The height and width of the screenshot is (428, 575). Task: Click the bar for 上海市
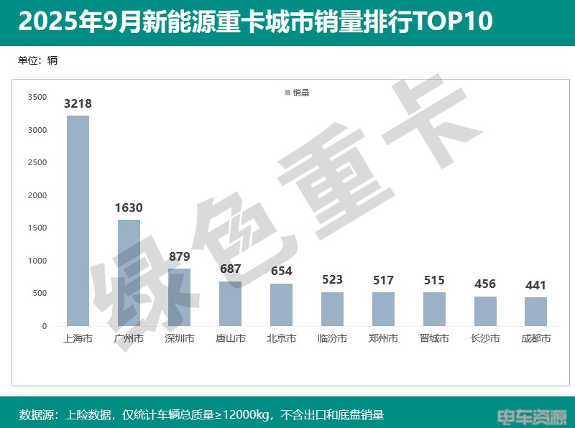[78, 220]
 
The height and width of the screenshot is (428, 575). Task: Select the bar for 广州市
[129, 273]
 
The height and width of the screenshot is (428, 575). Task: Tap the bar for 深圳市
[180, 297]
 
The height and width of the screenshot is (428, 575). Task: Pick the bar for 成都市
[535, 312]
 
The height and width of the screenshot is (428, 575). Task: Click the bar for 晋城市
[434, 309]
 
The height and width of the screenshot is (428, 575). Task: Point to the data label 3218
[78, 103]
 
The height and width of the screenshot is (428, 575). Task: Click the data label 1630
[129, 208]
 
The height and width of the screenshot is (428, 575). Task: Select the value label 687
[231, 269]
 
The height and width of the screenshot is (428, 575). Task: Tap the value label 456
[485, 284]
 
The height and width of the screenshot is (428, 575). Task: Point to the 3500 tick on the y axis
[37, 98]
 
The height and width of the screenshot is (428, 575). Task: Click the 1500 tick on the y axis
[37, 228]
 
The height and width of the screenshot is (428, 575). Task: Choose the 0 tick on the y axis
[44, 326]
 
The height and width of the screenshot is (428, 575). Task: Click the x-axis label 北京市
[281, 338]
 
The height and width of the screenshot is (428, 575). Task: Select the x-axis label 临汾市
[332, 338]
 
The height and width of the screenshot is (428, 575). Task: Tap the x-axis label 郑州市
[383, 338]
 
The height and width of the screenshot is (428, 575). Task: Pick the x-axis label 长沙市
[485, 338]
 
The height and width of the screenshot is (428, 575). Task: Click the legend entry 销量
[298, 93]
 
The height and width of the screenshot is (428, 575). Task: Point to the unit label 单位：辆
[37, 60]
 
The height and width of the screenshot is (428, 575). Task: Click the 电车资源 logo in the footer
[533, 415]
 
